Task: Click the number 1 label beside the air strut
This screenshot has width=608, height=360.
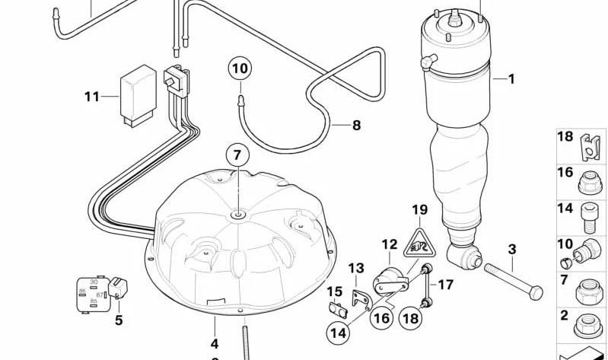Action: [x=511, y=78]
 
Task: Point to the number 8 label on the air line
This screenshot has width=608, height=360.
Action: [x=356, y=126]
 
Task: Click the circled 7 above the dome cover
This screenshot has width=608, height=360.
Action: [x=237, y=155]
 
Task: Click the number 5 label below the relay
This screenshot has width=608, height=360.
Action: [x=118, y=320]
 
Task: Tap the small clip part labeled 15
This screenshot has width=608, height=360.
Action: [x=337, y=310]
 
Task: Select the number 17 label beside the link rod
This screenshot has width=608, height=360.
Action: [x=446, y=285]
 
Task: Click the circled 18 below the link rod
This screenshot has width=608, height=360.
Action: [x=410, y=318]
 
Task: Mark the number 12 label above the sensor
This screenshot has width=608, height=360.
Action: [x=389, y=245]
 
